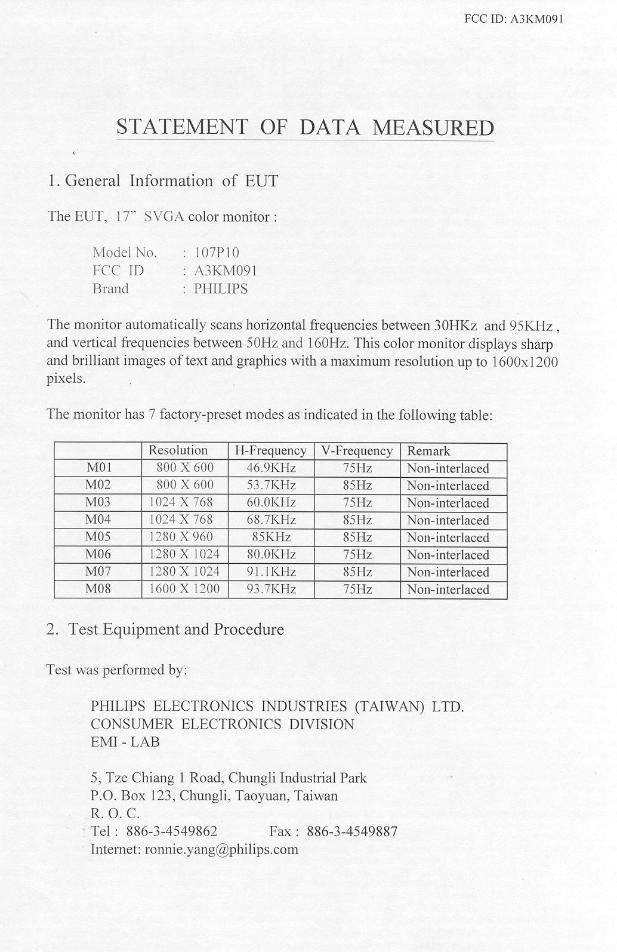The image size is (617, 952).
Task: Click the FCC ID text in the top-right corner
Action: click(513, 19)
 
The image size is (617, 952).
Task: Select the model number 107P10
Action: click(217, 253)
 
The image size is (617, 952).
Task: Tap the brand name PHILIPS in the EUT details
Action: click(221, 289)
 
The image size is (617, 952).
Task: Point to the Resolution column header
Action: click(178, 450)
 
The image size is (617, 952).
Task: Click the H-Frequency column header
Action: click(271, 451)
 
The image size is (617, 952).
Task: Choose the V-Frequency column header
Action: click(357, 451)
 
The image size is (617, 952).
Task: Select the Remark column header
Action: click(428, 451)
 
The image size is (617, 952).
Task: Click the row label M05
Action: click(98, 537)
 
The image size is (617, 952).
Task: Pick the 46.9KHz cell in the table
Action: click(272, 468)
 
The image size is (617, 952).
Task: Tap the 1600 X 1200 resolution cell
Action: click(184, 589)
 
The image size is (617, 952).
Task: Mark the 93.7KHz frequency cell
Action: click(272, 589)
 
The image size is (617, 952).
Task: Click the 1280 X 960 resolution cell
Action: click(181, 537)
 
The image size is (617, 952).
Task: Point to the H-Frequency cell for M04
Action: click(272, 520)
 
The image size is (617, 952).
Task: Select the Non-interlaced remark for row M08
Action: click(448, 589)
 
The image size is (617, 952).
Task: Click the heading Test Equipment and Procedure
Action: click(176, 629)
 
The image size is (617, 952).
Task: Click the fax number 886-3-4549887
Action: click(352, 831)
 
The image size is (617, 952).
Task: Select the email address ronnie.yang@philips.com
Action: click(221, 849)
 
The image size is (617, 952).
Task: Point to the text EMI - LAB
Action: click(125, 742)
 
